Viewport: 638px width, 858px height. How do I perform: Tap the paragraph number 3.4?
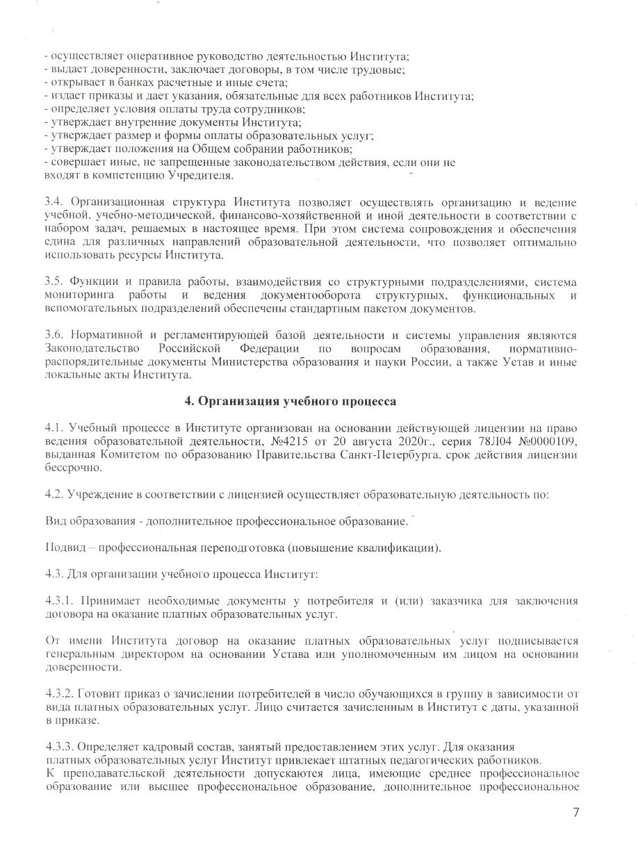(54, 202)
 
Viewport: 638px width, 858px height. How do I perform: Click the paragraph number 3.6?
(54, 335)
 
